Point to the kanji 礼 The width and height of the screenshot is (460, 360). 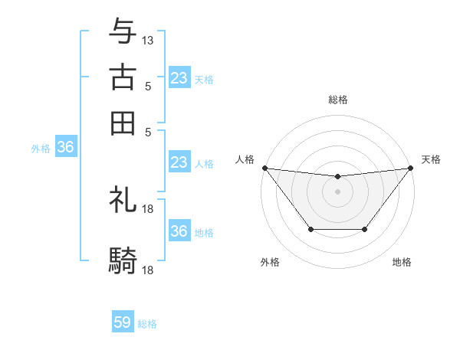tap(123, 201)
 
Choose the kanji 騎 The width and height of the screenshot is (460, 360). tap(123, 261)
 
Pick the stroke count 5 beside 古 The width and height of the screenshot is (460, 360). tap(148, 86)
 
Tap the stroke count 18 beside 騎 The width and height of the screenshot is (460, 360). tap(149, 270)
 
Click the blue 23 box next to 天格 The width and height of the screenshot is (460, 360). tap(179, 78)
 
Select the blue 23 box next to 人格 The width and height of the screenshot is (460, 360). tap(179, 162)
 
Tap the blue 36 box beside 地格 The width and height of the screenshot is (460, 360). tap(179, 231)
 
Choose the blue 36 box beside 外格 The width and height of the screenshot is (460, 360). tap(65, 148)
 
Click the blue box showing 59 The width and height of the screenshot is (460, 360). tap(123, 322)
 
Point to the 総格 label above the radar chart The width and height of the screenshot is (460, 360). tap(337, 100)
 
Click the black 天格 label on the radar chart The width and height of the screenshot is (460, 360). tap(431, 159)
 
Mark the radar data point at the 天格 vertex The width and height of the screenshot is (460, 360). tap(411, 168)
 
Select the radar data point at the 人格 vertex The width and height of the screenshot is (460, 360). tap(264, 168)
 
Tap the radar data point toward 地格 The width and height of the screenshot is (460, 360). tap(365, 229)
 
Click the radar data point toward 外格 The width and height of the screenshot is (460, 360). tap(310, 229)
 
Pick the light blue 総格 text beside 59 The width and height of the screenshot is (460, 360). tap(147, 324)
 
